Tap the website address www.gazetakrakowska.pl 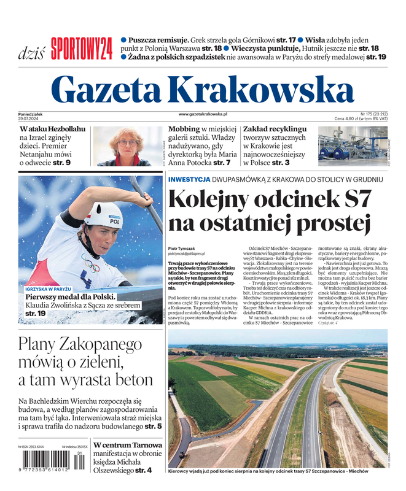(203, 114)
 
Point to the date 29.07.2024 (31, 118)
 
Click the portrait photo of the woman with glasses (127, 146)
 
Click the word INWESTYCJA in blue (189, 179)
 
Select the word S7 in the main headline (353, 201)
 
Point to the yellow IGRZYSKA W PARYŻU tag (49, 288)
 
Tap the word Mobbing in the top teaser (184, 130)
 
